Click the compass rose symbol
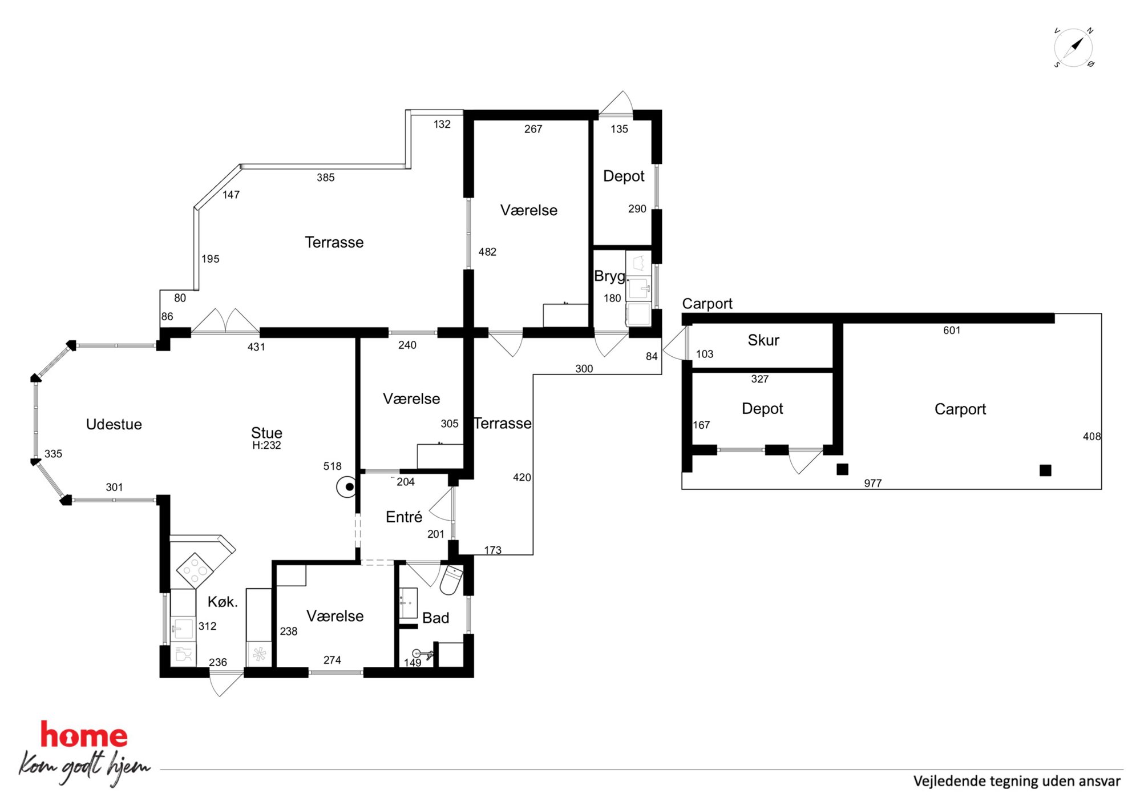[x=1073, y=47]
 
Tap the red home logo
[x=84, y=735]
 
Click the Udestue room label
[x=114, y=424]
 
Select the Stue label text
[x=266, y=432]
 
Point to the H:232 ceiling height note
[x=266, y=445]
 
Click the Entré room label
[x=404, y=517]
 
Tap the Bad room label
[x=435, y=618]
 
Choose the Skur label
[x=763, y=340]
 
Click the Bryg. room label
[x=611, y=276]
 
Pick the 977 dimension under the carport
[x=873, y=483]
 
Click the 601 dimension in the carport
[x=952, y=330]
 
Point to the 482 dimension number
[x=487, y=252]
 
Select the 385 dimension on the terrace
[x=326, y=178]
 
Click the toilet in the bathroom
[x=452, y=580]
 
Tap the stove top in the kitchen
[x=195, y=569]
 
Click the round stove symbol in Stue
[x=347, y=487]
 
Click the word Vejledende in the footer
[x=949, y=781]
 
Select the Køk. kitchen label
[x=223, y=602]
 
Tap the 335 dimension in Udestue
[x=53, y=454]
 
